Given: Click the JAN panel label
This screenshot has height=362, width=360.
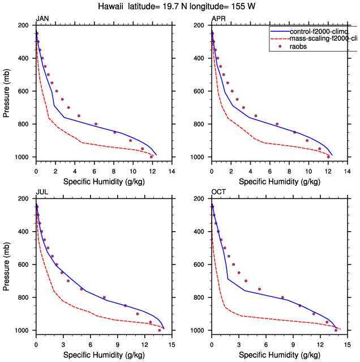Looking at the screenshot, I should click(42, 19).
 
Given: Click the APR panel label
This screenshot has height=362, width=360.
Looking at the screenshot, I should click(218, 19).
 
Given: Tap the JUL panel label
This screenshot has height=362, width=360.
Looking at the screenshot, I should click(41, 193).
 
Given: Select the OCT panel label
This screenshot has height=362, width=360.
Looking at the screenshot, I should click(218, 193).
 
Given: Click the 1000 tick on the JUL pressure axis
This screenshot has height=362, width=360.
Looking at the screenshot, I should click(22, 330).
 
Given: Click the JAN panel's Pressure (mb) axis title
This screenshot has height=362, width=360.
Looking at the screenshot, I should click(6, 91).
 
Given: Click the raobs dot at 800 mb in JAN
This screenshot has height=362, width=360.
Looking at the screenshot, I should click(96, 124).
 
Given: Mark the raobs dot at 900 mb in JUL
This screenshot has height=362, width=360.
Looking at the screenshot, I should click(138, 314).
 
